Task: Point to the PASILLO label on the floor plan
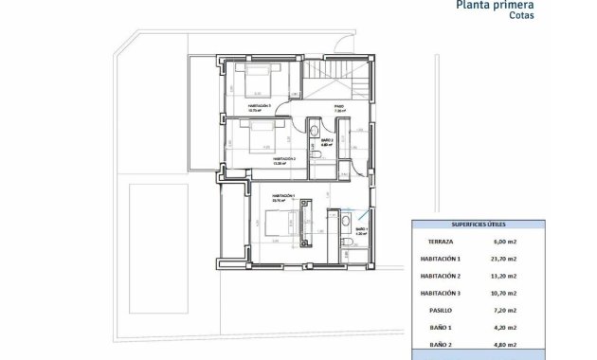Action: tap(339, 106)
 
